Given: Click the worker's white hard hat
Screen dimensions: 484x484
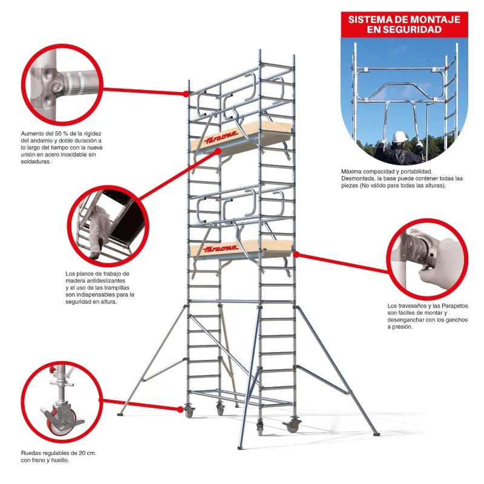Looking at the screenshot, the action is tap(400, 136).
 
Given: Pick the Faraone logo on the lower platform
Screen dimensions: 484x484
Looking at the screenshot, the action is tap(221, 249).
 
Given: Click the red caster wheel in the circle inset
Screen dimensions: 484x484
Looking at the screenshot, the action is tap(55, 420).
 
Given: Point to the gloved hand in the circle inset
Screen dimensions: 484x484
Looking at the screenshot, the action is tap(437, 266).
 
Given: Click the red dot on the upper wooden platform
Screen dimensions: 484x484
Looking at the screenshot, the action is tap(218, 151).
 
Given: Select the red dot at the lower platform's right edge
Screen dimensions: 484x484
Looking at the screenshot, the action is tap(296, 254).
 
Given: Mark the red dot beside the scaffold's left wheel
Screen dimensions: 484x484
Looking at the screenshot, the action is tap(180, 410).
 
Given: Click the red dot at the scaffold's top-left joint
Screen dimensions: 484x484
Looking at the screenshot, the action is tap(186, 94).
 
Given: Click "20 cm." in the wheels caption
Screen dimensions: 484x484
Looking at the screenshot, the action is tap(88, 453).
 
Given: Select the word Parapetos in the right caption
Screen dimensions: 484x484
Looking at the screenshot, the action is tap(455, 306).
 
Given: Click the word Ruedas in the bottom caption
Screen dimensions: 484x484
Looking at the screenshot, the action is tap(29, 453).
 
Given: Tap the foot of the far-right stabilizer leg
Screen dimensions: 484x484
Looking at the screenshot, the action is tap(377, 434).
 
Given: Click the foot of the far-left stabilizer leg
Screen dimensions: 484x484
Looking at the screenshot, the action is tap(120, 414).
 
